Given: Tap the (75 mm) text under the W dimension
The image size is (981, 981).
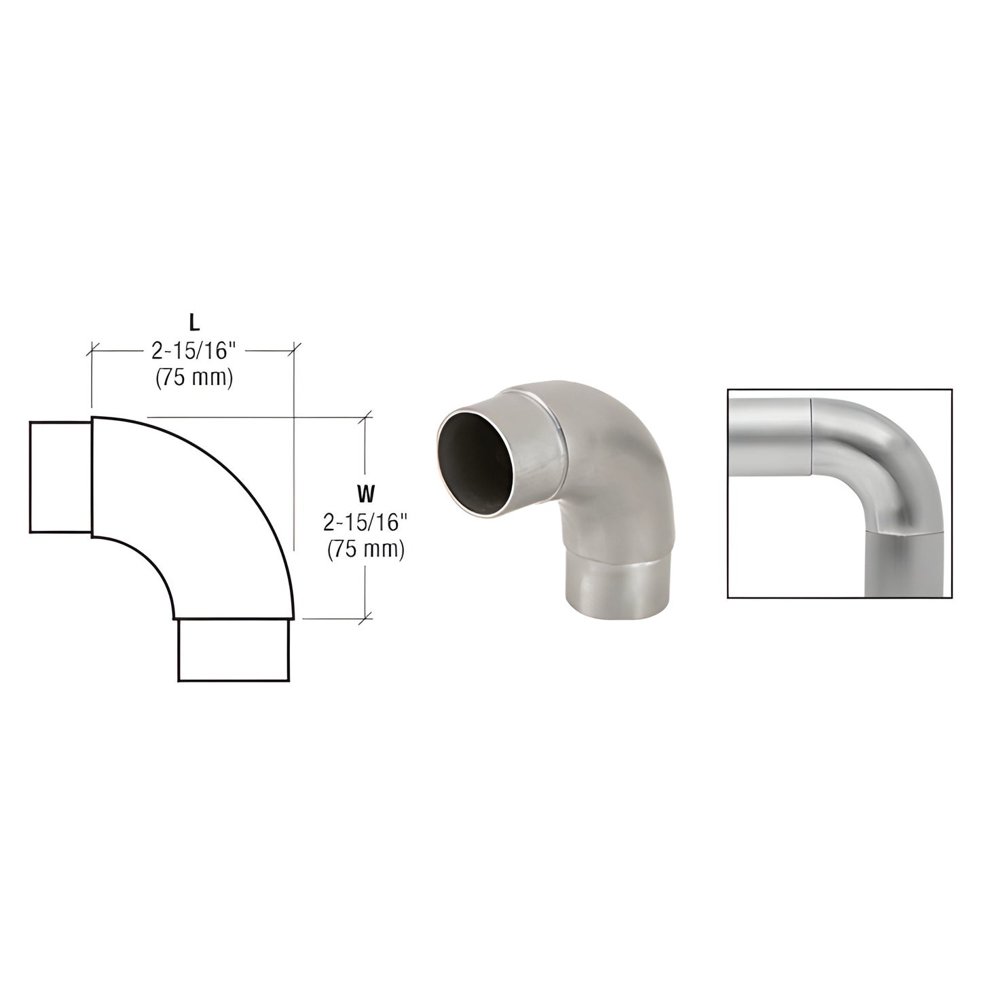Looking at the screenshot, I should tap(366, 549).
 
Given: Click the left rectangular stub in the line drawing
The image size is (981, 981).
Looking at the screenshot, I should tap(60, 478).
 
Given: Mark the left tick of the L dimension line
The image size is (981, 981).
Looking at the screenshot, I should tap(92, 350).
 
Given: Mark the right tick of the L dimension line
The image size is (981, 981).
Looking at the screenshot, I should tap(293, 350).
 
